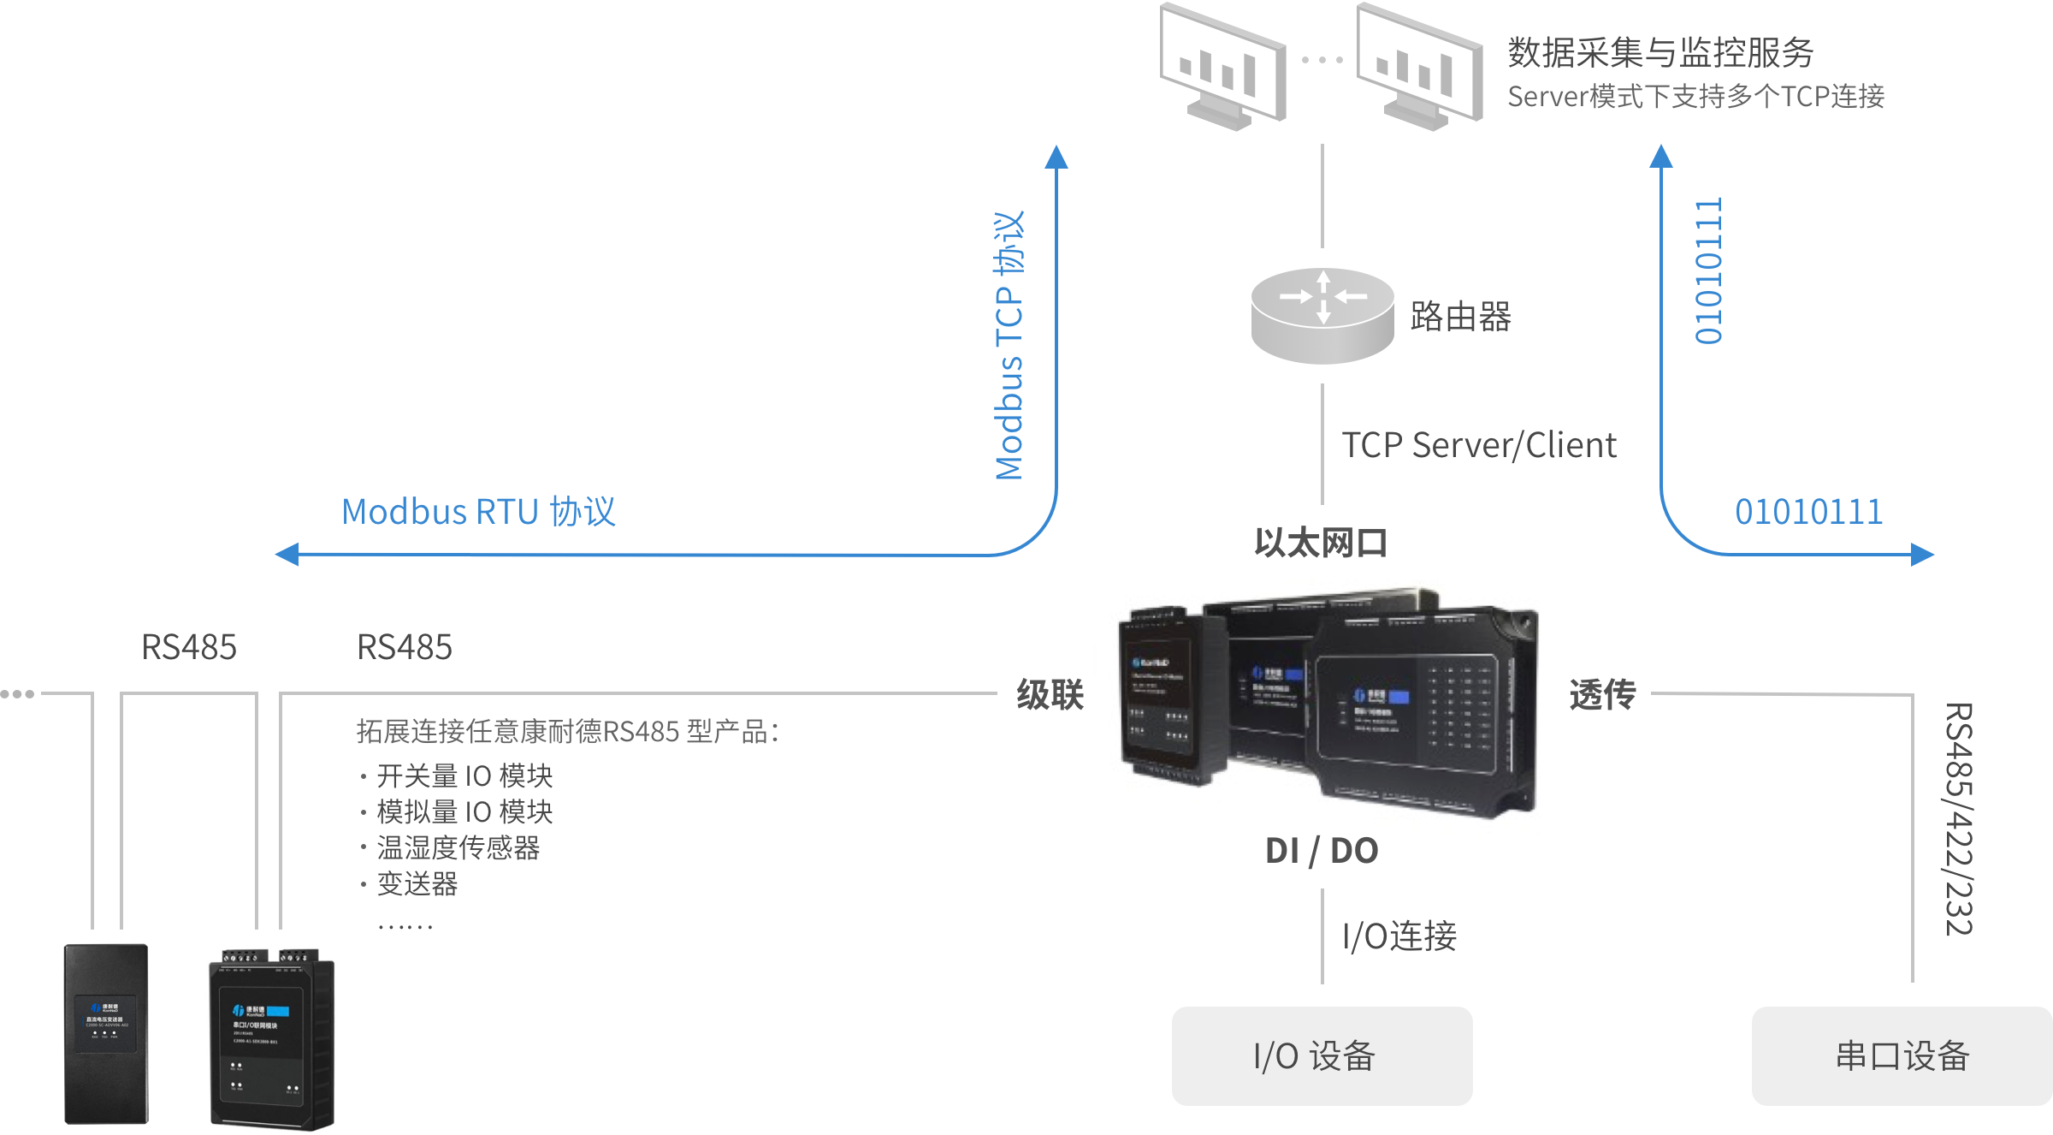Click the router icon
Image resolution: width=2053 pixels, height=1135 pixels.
tap(1322, 315)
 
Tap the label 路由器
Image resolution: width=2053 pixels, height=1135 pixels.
tap(1460, 317)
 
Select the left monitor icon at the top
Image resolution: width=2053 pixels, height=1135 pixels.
tap(1222, 67)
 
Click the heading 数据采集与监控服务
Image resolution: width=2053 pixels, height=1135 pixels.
tap(1660, 53)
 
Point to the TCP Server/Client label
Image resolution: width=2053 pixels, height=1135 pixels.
tap(1478, 446)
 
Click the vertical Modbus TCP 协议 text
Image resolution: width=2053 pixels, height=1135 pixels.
tap(1009, 345)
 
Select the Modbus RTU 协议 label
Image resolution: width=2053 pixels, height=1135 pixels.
tap(478, 512)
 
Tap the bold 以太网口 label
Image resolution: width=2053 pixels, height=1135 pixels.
tap(1321, 544)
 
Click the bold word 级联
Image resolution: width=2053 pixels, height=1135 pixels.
tap(1050, 694)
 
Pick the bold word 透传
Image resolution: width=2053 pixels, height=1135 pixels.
tap(1602, 694)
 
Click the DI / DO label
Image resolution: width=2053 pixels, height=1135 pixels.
tap(1322, 851)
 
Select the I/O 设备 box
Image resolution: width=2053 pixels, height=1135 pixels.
tap(1322, 1056)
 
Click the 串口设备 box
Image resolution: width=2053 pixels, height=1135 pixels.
tap(1902, 1056)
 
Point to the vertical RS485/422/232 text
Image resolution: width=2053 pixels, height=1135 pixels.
tap(1958, 818)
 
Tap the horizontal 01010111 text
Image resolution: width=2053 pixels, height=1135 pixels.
tap(1808, 513)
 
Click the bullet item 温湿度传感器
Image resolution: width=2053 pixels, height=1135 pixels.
tap(459, 848)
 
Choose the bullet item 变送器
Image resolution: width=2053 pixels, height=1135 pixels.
tap(417, 884)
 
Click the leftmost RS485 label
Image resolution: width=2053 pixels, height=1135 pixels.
tap(188, 648)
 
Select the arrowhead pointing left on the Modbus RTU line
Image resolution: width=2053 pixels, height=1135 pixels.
tap(287, 555)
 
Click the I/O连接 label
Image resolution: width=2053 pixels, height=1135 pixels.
tap(1399, 936)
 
